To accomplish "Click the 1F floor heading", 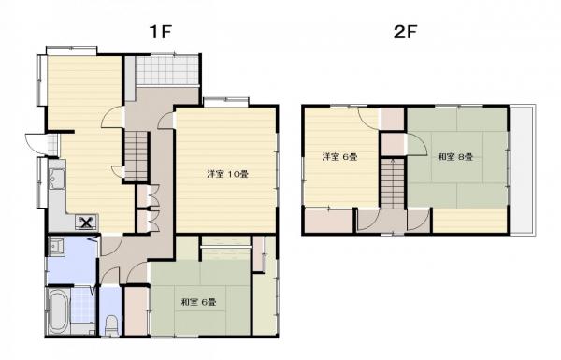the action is tap(161, 32).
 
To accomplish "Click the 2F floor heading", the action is tap(406, 32).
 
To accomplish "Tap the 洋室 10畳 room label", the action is tap(228, 174).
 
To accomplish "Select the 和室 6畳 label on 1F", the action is tap(198, 302).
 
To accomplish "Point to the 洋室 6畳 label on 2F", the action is tap(339, 157).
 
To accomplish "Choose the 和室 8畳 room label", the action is tap(456, 157).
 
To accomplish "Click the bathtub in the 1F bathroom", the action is tap(58, 311).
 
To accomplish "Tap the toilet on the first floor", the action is tap(111, 324).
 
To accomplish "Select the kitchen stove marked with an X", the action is tap(86, 223).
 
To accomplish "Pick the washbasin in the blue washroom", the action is tap(56, 246).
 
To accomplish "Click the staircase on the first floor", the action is tap(136, 156).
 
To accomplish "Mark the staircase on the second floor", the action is tap(393, 183).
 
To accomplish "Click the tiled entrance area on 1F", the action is tap(167, 70).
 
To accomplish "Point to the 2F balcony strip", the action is tap(522, 169).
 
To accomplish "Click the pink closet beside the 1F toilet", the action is tap(136, 310).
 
